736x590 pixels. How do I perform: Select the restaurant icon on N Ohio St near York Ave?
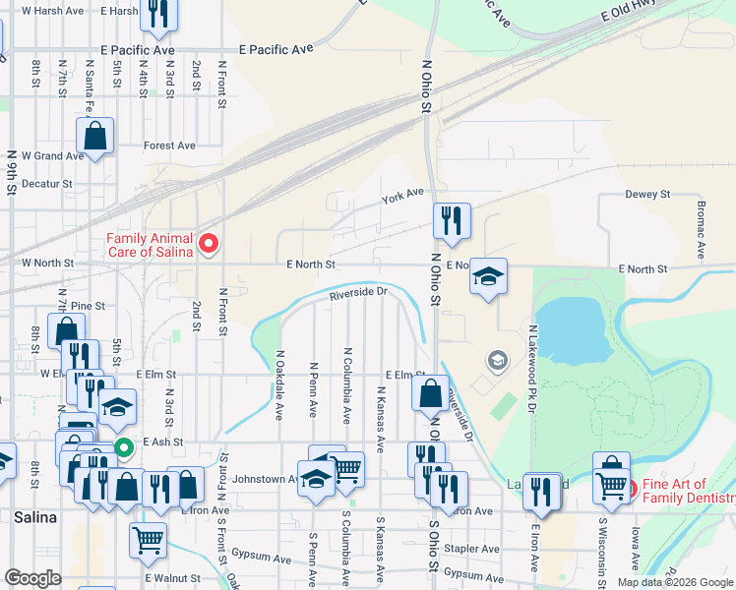click(x=452, y=221)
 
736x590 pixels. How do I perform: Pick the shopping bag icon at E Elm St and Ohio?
click(x=430, y=392)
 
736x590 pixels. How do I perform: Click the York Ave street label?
click(x=402, y=199)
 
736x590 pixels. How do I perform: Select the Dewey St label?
click(x=646, y=195)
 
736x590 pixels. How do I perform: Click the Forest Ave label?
click(x=169, y=146)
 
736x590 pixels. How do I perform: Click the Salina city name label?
click(x=34, y=516)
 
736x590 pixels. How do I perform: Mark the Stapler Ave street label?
click(x=470, y=549)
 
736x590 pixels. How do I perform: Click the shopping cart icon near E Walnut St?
click(x=148, y=538)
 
